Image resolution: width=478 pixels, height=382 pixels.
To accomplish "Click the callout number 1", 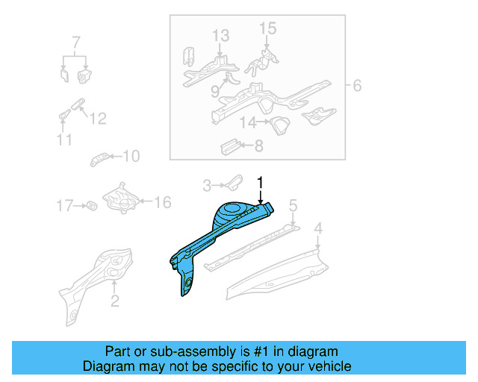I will (261, 181).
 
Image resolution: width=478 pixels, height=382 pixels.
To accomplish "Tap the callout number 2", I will (114, 301).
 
